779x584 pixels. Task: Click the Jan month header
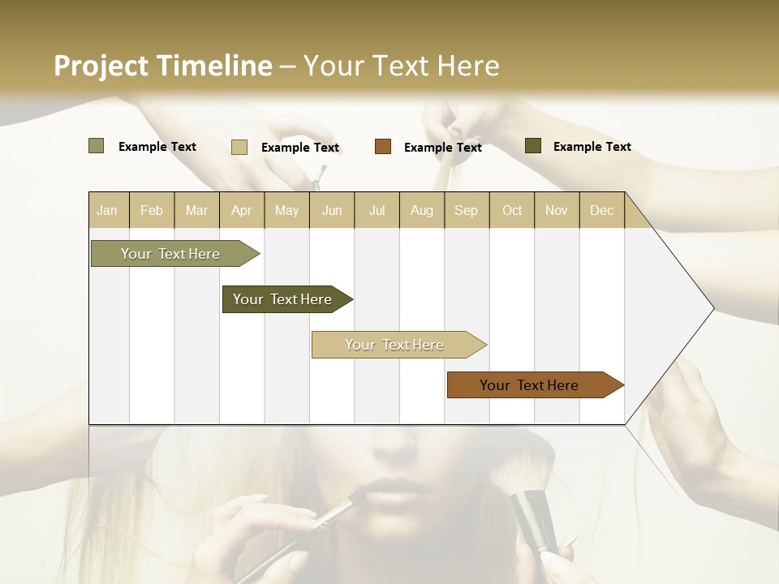pos(107,210)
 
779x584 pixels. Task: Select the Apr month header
pos(241,210)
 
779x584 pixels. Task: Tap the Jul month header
pos(377,210)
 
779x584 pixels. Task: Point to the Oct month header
pos(511,210)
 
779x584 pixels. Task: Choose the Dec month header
pos(601,210)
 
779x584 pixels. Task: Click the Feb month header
pos(152,210)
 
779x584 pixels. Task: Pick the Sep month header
pos(466,210)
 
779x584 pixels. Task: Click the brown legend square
pos(383,147)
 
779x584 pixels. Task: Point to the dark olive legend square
pos(533,146)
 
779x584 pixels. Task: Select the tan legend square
pos(239,147)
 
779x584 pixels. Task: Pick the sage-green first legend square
pos(96,146)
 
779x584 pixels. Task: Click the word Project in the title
pos(101,66)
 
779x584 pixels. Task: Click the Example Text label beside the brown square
pos(442,148)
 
